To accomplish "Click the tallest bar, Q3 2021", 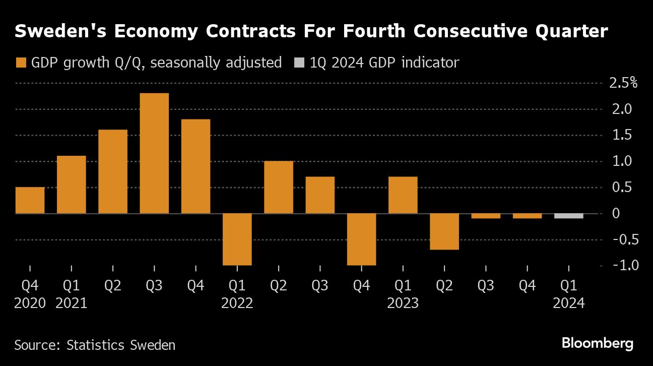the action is pos(154,153).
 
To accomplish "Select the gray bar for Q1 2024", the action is pos(569,216).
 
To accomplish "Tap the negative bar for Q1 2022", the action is pos(237,239).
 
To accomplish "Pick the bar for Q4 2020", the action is pos(30,200).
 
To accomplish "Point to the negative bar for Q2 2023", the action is pos(444,231).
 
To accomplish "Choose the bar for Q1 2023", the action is pos(403,195).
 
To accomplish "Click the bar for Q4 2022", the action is pos(361,239).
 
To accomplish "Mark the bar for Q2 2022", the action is pos(279,187).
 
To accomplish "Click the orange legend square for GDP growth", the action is pos(21,63).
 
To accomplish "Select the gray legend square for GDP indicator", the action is pos(299,63).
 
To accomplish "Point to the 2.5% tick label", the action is pos(623,83).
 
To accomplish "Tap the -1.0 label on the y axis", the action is pos(626,265).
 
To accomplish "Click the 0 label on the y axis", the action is pos(616,213).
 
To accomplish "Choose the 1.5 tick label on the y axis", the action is pos(622,135).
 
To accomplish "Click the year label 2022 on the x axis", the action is pos(237,303).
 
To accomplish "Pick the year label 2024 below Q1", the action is pos(569,303).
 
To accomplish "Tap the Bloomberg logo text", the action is pos(598,343).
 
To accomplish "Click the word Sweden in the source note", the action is pos(153,345).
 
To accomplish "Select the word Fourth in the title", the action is pos(374,31).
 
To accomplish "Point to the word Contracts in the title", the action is pos(251,31).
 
